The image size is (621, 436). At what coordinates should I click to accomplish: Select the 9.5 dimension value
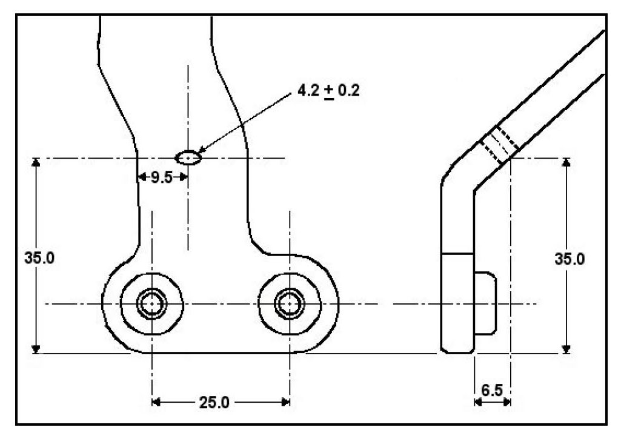[162, 177]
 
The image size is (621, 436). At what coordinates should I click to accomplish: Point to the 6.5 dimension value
[492, 390]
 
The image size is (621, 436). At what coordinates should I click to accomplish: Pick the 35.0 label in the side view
[570, 259]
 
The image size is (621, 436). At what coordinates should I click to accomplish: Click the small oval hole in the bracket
[188, 157]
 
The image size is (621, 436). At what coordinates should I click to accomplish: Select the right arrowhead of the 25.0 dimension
[286, 401]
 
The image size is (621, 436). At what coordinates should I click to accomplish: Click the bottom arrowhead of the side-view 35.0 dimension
[566, 349]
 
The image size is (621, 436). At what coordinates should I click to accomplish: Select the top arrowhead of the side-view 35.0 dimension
[566, 163]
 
